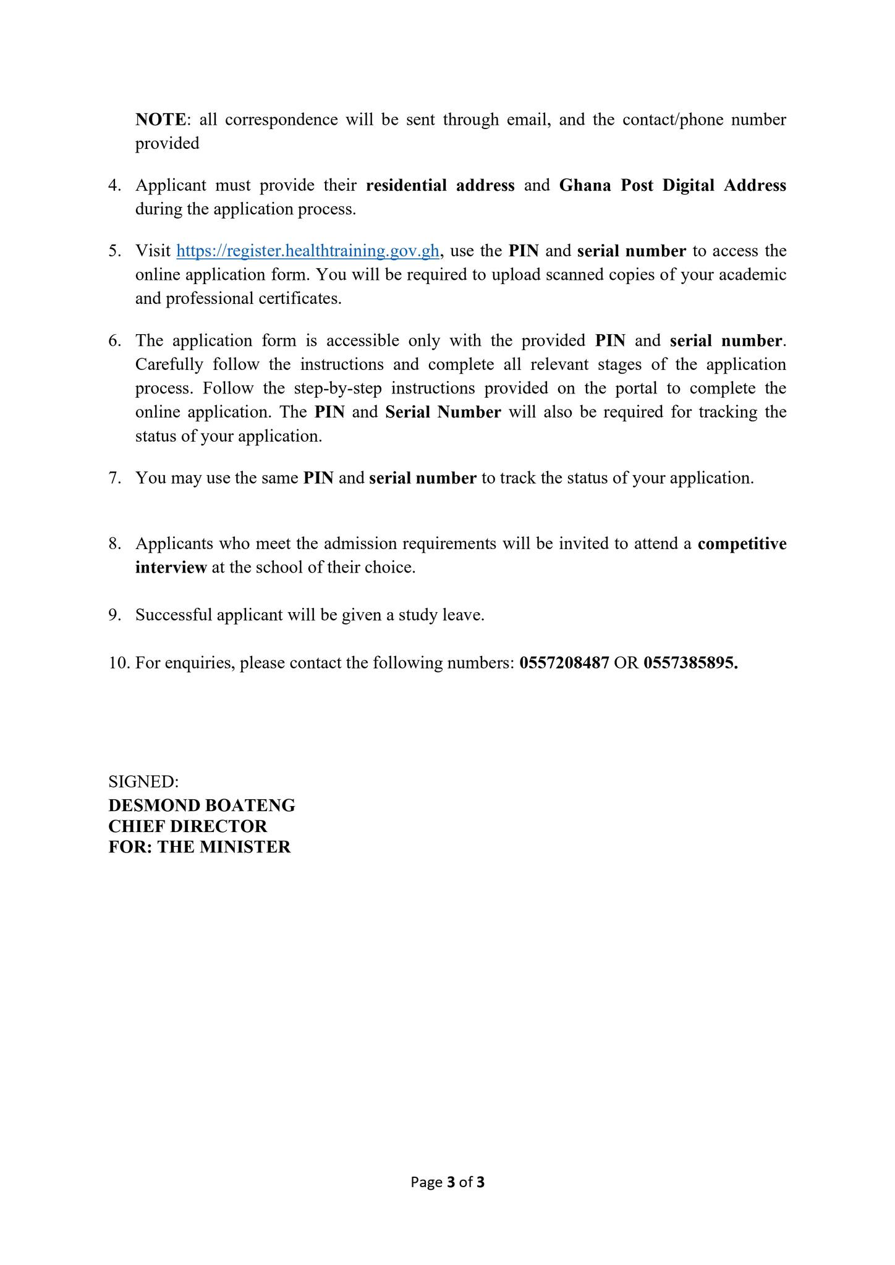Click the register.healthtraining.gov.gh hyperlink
tap(307, 251)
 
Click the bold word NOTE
tap(160, 119)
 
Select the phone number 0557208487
tap(564, 663)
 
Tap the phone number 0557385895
tap(690, 663)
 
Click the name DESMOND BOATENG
tap(201, 805)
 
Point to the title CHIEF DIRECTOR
tap(188, 826)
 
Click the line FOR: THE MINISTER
tap(199, 847)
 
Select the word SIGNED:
tap(143, 781)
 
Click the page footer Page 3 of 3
tap(448, 1182)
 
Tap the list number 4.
tap(114, 185)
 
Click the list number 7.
tap(114, 478)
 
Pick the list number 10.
tap(118, 663)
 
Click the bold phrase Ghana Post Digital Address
tap(672, 185)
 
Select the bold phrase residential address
tap(440, 185)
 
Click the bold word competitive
tap(742, 544)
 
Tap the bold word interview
tap(171, 568)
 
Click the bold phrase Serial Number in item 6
tap(443, 412)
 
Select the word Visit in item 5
tap(153, 251)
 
